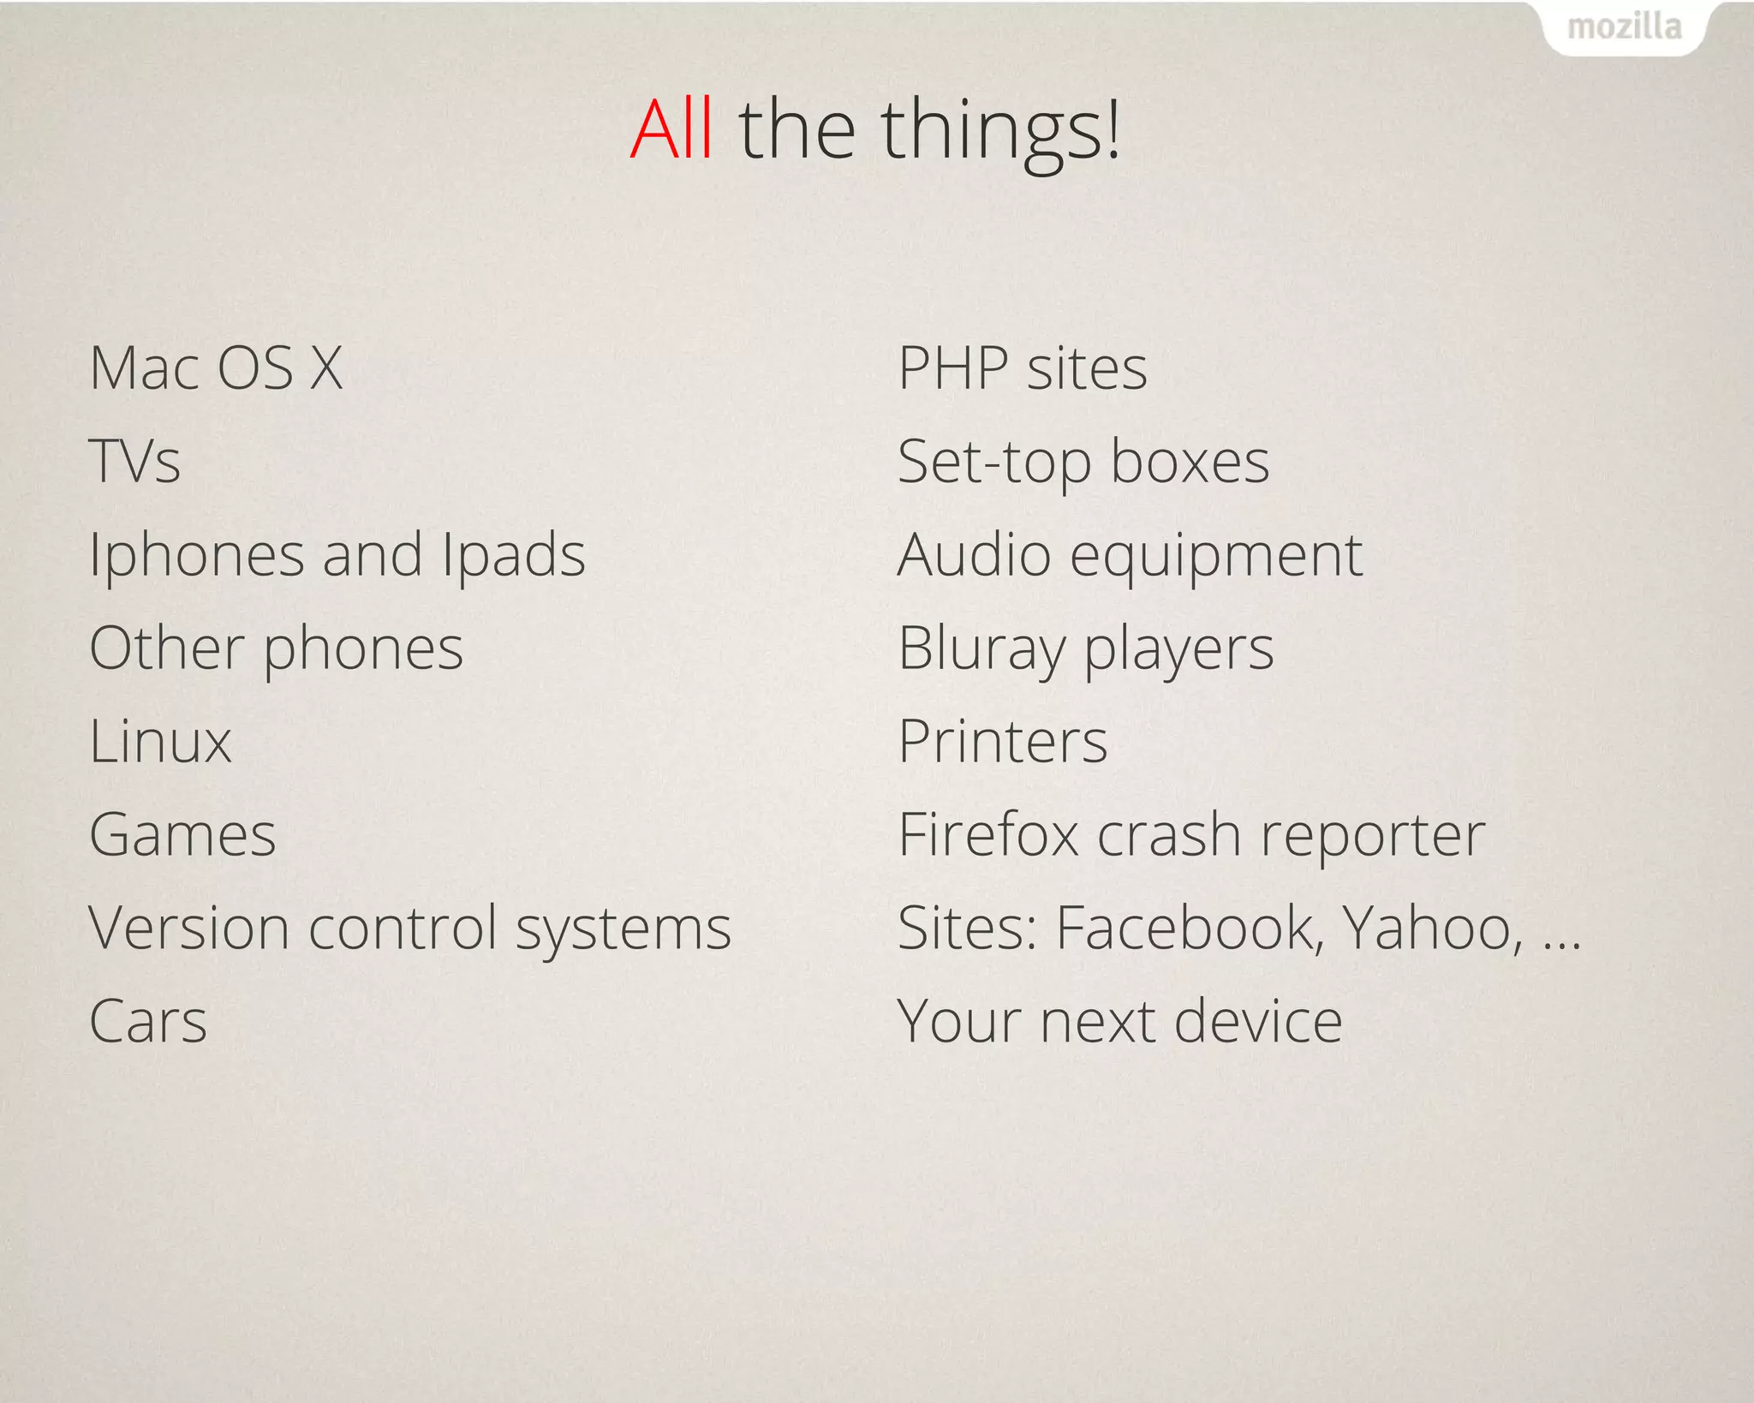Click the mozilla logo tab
1624,28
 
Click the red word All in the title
671,130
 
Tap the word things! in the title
1000,130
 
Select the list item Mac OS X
216,368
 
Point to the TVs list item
135,462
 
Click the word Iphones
196,555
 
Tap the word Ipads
513,555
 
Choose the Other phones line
276,648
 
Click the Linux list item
160,741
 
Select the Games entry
182,834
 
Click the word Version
189,928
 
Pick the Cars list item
148,1021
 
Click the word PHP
952,368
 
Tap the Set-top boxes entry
1083,462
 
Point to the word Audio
974,555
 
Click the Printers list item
1003,741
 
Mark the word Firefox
987,834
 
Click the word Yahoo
1432,928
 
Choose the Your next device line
1119,1021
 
